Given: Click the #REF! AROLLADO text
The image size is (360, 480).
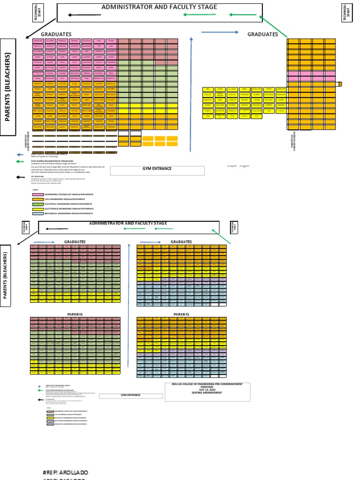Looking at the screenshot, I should coord(65,472).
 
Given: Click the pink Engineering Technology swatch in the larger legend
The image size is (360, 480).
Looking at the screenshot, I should coord(37,194).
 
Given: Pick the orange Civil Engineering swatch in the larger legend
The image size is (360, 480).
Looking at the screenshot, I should coord(37,199).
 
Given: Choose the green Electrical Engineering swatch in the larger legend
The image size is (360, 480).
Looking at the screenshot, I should coord(37,204).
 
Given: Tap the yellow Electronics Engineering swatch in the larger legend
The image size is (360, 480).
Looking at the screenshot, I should coord(37,209).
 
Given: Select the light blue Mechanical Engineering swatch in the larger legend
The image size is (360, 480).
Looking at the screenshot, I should coord(37,214).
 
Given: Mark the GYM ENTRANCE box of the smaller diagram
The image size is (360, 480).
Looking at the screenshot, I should coord(130,395).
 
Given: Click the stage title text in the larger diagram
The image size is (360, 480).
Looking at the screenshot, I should coord(159,7).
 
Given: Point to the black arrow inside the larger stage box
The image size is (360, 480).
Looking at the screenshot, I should coord(84,15).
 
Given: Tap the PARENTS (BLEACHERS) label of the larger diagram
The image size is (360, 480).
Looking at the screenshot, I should coord(8,87).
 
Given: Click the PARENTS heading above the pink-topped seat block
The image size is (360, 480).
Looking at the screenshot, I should coord(75,314).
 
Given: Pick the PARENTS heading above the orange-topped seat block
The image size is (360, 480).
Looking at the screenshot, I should coord(181,314).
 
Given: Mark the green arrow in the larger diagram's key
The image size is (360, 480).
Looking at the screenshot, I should coord(21,161).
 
